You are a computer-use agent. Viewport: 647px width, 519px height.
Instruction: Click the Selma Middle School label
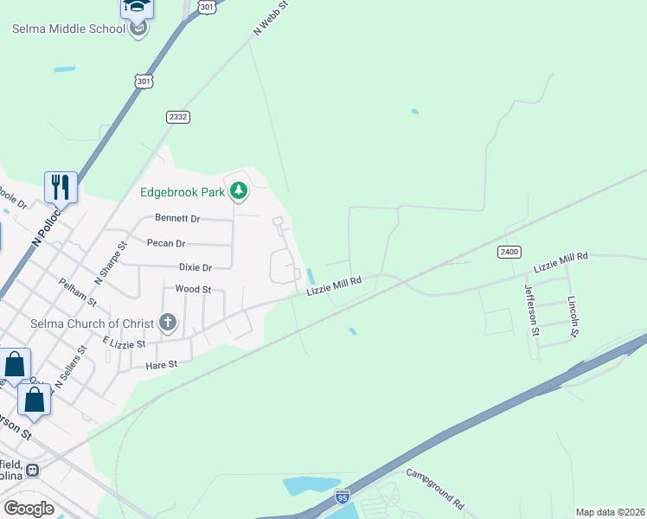pos(68,29)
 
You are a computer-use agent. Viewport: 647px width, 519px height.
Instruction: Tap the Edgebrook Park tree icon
pos(239,191)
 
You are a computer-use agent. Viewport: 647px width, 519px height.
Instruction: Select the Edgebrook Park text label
pos(183,191)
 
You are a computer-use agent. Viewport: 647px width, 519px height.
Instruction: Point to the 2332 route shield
pos(178,116)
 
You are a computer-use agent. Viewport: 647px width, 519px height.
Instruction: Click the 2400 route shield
pos(509,252)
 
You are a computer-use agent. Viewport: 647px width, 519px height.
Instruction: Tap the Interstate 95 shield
pos(342,496)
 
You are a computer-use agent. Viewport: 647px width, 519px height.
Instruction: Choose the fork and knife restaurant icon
pos(61,185)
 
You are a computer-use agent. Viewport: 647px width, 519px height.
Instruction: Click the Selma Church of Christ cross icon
pos(168,324)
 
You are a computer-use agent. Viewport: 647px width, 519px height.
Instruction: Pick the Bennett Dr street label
pos(177,218)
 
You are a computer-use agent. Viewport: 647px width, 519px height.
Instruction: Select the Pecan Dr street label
pos(167,243)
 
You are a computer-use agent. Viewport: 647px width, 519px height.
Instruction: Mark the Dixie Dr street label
pos(195,267)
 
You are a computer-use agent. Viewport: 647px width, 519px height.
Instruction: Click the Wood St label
pos(193,289)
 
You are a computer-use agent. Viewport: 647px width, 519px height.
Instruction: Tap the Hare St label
pos(161,364)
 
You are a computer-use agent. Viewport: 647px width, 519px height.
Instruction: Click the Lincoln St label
pos(572,316)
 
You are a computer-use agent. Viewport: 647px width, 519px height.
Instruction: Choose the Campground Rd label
pos(435,490)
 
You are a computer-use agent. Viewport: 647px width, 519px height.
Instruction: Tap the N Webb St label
pos(270,18)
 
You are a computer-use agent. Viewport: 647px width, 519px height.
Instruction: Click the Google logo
pos(29,509)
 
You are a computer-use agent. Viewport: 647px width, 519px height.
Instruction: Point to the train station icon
pos(33,470)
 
